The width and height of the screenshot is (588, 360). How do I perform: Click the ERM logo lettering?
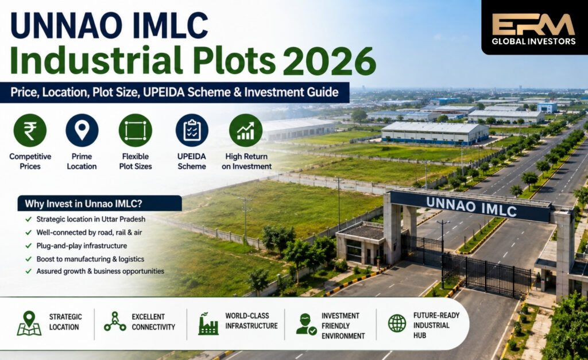coord(533,24)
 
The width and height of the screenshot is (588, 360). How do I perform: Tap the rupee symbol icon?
coord(30,130)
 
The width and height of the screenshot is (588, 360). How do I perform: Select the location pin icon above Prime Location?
coord(82,130)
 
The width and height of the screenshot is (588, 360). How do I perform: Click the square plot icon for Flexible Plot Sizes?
coord(136,130)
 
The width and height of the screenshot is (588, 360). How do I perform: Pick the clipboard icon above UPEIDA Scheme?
coord(192,130)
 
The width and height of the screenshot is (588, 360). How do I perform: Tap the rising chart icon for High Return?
coord(246,130)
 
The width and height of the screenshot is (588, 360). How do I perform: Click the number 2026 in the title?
coord(329,61)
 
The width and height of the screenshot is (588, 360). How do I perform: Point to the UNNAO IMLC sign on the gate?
coord(471,207)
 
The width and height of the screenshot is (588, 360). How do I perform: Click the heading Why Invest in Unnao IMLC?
coord(83,204)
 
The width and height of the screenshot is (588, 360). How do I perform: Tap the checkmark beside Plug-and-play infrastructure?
coord(29,246)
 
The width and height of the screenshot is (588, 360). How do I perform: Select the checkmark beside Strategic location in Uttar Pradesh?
coord(29,219)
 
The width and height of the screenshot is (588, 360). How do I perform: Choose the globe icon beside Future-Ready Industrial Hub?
coord(397,323)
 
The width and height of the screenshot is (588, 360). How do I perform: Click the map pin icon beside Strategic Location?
coord(29,323)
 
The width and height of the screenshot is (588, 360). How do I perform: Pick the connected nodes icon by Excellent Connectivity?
coord(115,322)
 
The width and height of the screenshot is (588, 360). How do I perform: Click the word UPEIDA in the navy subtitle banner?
coord(164,92)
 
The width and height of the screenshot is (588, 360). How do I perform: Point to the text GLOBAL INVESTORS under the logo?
coord(533,41)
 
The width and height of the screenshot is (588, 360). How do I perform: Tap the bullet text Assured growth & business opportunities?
coord(100,271)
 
